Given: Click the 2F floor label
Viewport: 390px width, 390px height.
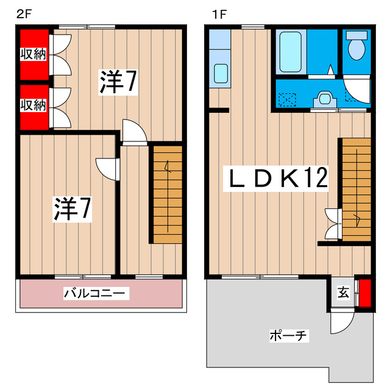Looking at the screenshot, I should [x=23, y=13].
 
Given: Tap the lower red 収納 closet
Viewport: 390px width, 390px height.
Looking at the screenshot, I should [x=32, y=105].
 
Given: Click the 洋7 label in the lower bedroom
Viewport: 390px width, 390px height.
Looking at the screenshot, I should [x=71, y=209].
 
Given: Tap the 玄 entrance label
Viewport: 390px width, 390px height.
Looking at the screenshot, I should [x=343, y=293].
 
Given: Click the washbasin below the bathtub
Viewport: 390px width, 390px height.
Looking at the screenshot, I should [x=325, y=97].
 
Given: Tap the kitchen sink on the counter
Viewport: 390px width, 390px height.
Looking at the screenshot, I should [x=220, y=73].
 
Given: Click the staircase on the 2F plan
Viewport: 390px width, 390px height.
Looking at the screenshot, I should [x=167, y=194].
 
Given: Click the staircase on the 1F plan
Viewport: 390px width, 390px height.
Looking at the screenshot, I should [x=356, y=189].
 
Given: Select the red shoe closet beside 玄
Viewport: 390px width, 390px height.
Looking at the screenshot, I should [x=364, y=292].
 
